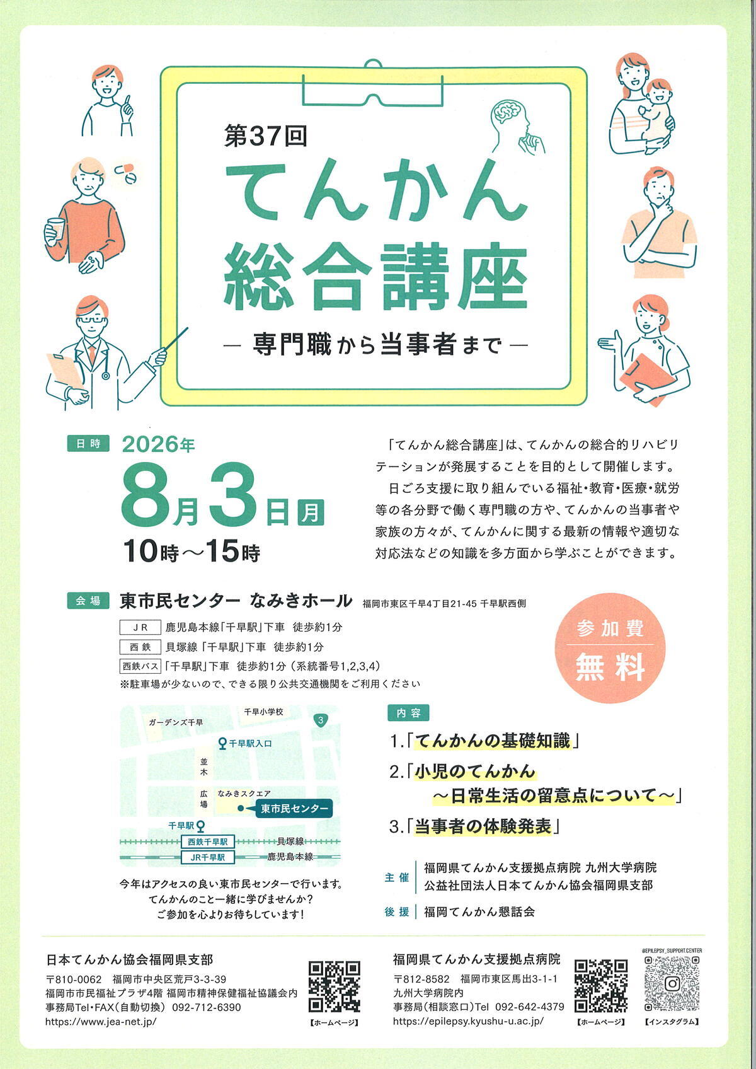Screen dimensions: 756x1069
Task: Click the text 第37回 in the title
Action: [x=265, y=137]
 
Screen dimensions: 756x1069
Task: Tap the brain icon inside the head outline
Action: [x=507, y=112]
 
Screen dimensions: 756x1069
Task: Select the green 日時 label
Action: [x=88, y=443]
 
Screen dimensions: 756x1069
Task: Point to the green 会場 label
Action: [x=88, y=601]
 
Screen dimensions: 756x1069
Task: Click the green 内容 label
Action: [x=408, y=713]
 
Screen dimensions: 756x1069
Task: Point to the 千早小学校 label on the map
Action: [x=264, y=712]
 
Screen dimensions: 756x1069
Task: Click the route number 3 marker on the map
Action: [x=321, y=720]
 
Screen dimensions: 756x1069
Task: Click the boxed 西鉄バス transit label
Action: [x=140, y=666]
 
